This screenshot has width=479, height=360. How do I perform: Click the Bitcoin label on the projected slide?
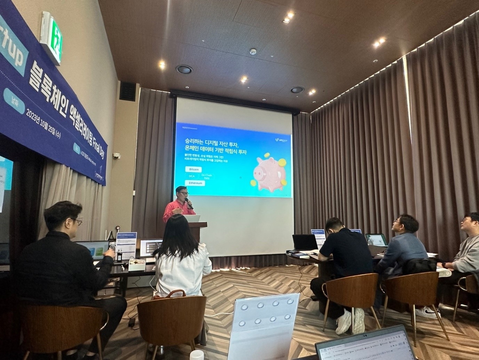[194, 169]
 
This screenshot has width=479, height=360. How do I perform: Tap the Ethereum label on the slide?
[195, 183]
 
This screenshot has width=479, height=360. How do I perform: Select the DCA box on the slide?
[192, 176]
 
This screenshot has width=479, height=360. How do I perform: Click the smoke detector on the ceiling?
[253, 52]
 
